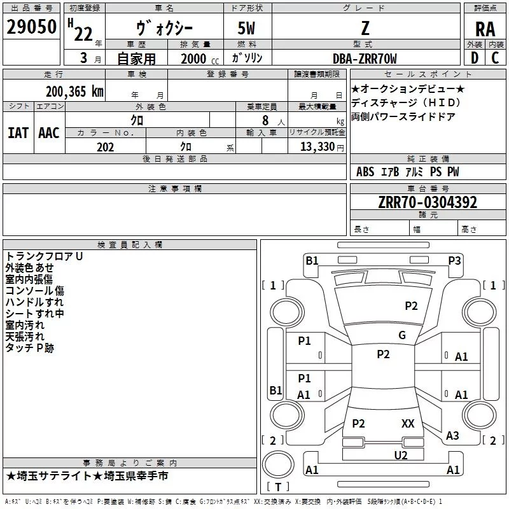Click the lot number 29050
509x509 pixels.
(31, 27)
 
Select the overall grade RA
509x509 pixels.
(485, 29)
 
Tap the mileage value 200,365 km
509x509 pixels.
(74, 92)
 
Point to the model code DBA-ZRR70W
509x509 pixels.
(365, 59)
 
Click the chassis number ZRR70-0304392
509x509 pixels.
(428, 202)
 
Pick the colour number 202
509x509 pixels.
(105, 147)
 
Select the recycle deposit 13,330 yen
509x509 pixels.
(322, 147)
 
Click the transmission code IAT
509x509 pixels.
(18, 133)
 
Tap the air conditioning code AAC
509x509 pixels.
(49, 133)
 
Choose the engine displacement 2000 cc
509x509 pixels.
(200, 59)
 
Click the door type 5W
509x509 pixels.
(246, 28)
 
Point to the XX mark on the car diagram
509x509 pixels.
(408, 423)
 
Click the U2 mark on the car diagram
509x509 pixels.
(401, 456)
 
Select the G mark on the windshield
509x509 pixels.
(402, 335)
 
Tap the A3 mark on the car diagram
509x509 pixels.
(452, 435)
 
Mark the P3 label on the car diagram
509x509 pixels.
(454, 260)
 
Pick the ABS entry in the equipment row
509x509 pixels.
(365, 172)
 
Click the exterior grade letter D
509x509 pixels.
(475, 58)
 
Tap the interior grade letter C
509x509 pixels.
(495, 58)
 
